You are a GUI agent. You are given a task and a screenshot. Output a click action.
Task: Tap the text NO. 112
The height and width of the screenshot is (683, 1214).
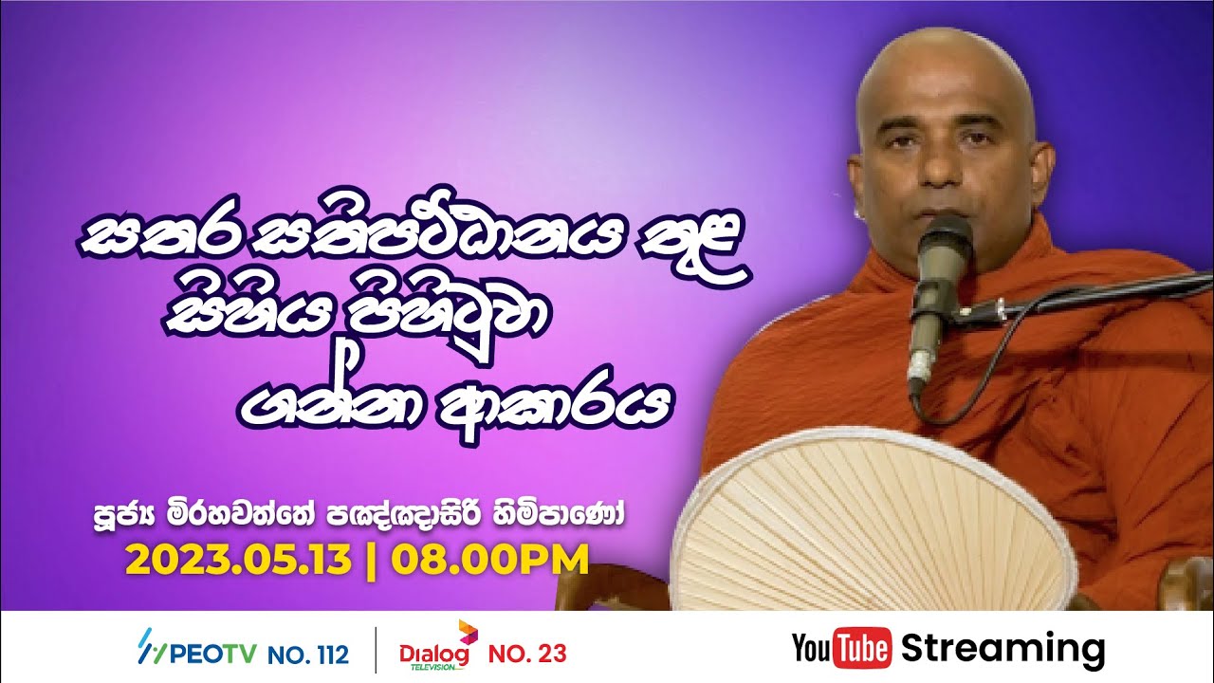(x=308, y=654)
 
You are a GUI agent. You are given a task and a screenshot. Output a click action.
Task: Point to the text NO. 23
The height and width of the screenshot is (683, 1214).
(x=527, y=654)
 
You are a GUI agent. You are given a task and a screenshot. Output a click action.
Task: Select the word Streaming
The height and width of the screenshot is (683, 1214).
(x=1003, y=650)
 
